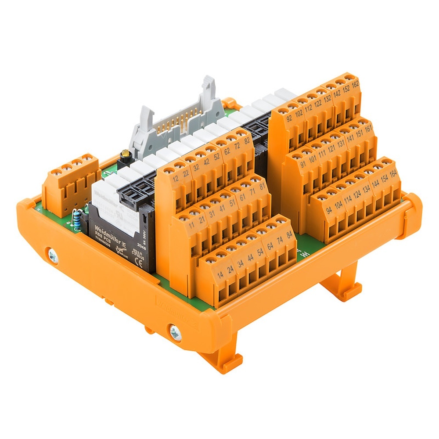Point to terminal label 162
coord(355,84)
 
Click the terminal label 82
coord(247,141)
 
